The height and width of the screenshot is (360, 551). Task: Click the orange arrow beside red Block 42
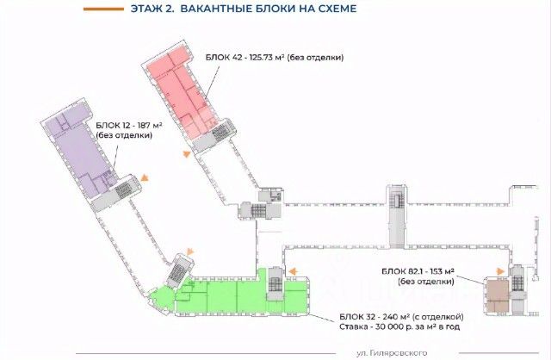[185, 153]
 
